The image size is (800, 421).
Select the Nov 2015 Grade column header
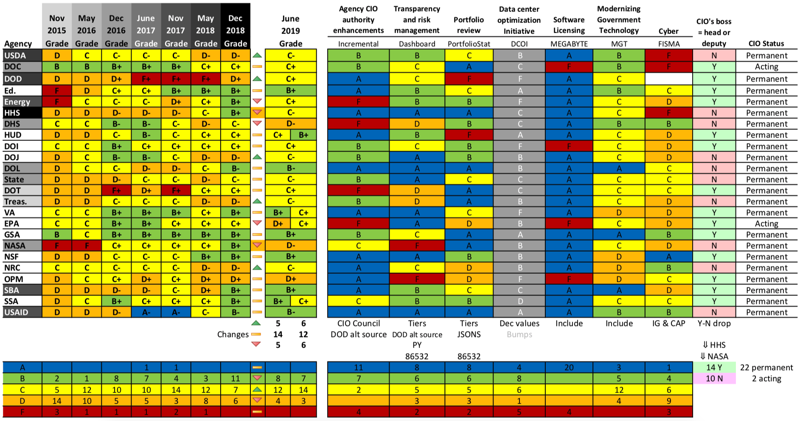pos(57,31)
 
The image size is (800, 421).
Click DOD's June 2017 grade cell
pos(146,79)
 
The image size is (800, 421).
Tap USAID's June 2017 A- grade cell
pos(146,312)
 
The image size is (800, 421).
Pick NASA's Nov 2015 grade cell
pos(57,246)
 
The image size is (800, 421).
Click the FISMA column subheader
pos(668,44)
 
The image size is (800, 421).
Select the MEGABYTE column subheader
pos(569,44)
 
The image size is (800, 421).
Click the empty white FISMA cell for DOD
pos(668,79)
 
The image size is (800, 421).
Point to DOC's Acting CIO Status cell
pos(766,67)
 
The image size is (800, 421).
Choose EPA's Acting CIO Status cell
pos(766,224)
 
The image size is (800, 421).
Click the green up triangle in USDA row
pos(257,56)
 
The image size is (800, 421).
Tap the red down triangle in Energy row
pos(257,101)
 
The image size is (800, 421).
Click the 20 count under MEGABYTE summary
pos(569,368)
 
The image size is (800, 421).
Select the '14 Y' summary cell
pos(714,368)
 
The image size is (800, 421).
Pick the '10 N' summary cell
pos(714,379)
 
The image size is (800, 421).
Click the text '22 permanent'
pos(766,368)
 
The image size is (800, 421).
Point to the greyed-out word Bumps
pos(519,334)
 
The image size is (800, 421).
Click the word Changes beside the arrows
pos(233,334)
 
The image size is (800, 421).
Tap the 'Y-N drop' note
pos(714,323)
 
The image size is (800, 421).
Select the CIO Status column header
pos(766,44)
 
